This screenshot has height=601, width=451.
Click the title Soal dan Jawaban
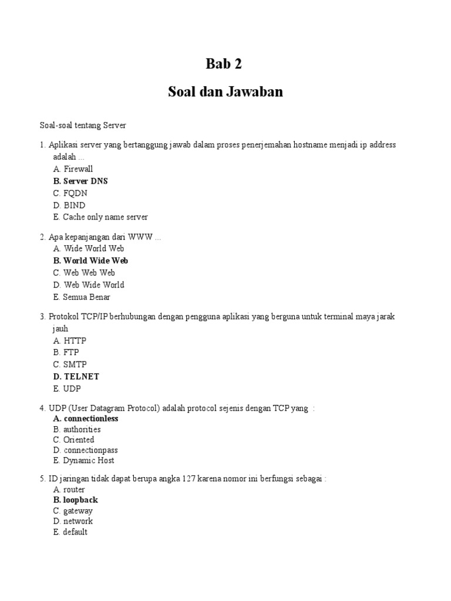tap(225, 92)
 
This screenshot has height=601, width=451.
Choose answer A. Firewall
tap(73, 169)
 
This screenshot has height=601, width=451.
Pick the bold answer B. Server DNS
tap(80, 181)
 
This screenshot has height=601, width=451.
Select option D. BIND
tap(69, 205)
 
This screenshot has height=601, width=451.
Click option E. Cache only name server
tap(100, 217)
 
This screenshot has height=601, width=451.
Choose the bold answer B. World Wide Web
tap(90, 261)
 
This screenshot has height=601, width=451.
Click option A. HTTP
tap(69, 340)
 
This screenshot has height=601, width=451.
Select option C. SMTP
tap(69, 364)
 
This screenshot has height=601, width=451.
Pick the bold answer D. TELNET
tap(76, 377)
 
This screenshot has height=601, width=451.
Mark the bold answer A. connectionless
tap(85, 418)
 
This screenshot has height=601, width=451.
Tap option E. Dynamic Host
tap(83, 461)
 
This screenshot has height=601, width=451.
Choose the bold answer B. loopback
tap(75, 500)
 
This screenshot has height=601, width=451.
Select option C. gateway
tap(73, 511)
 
